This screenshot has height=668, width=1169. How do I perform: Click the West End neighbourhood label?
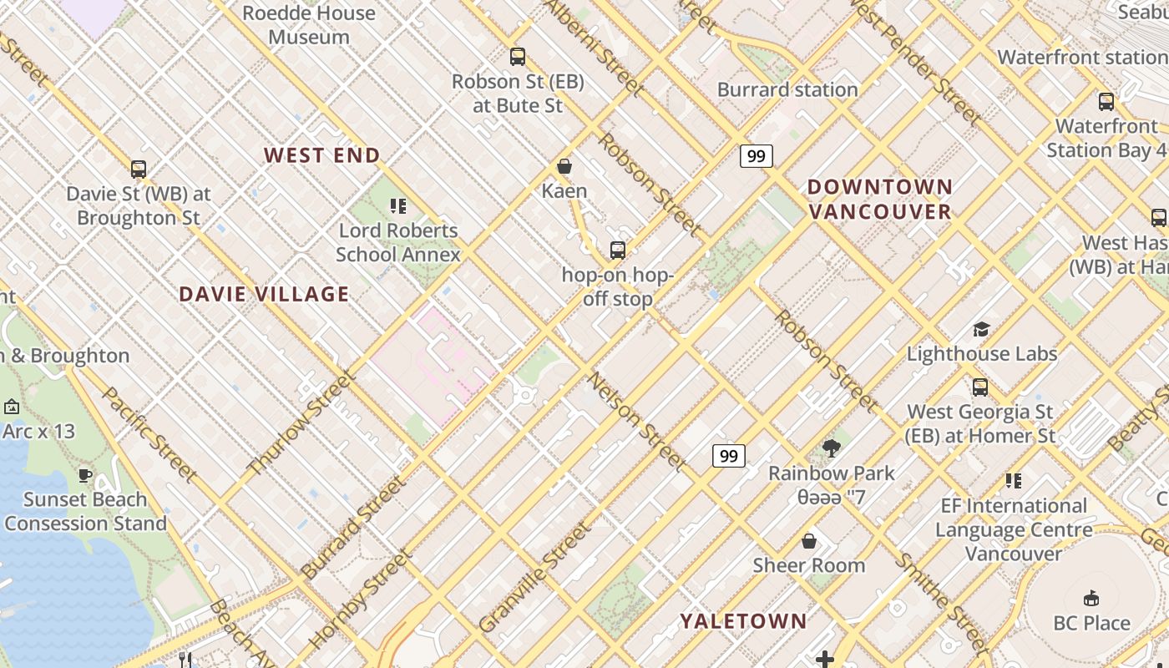[322, 155]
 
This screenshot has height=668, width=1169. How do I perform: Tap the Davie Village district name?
[264, 294]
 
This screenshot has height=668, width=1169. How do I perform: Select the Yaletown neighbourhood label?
[743, 621]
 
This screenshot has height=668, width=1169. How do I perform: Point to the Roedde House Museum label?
[309, 25]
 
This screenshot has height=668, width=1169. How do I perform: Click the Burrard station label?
[787, 89]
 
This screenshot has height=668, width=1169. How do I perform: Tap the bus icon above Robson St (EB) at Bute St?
[518, 57]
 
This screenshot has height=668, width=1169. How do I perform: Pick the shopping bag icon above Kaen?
[564, 166]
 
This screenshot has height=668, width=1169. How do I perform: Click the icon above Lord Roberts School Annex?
[398, 205]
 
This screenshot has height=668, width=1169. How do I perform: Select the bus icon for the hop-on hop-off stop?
[618, 250]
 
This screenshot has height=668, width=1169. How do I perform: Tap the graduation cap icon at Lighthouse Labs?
[982, 329]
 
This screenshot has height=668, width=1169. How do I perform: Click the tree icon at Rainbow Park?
[831, 448]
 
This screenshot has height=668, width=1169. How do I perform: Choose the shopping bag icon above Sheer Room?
[808, 541]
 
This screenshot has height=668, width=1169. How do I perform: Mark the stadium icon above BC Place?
[1091, 598]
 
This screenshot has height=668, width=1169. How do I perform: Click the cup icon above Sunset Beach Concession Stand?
[85, 475]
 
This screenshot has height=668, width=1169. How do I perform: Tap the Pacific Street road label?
[149, 434]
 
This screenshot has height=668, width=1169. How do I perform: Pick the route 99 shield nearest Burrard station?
[756, 156]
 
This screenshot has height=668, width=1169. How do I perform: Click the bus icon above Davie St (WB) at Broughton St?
[139, 170]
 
